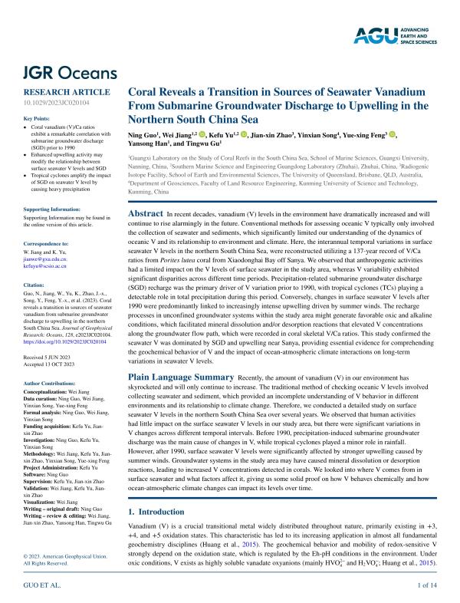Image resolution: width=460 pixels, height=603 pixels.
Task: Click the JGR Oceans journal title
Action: tap(71, 74)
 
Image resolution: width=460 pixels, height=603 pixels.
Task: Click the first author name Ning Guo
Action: tap(143, 134)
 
